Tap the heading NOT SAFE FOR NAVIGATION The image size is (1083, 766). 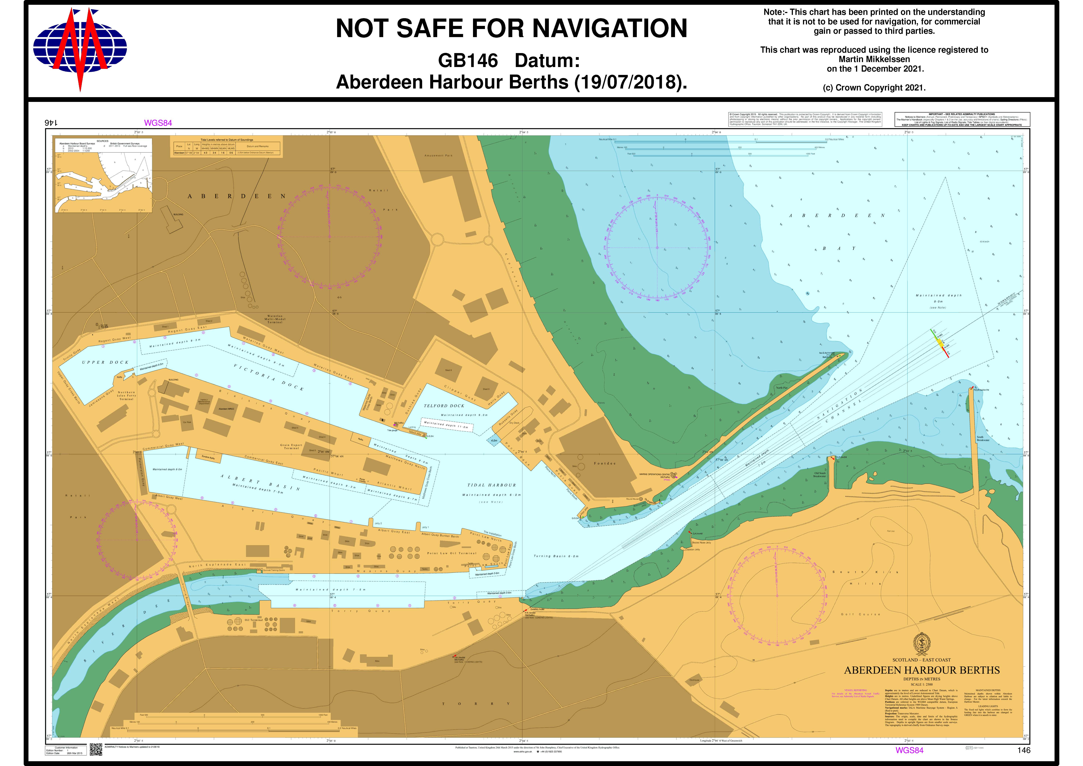[511, 28]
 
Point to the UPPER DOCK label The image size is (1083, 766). [105, 362]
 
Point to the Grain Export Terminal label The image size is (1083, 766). [291, 446]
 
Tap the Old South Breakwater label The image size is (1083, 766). [819, 474]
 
